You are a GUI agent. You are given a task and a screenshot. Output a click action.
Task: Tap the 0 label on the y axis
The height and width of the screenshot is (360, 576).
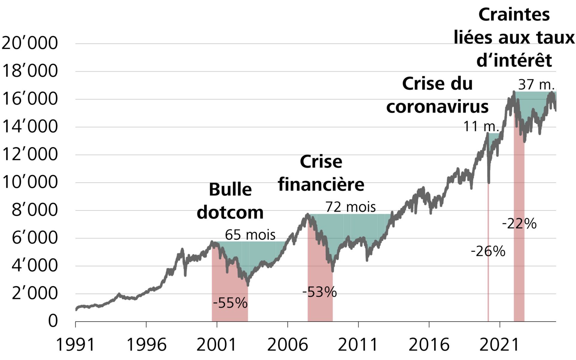point(53,321)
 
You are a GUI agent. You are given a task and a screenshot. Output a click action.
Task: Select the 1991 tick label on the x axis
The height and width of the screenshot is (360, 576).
point(75,344)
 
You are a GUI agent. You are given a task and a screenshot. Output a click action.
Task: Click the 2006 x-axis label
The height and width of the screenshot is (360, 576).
point(287,344)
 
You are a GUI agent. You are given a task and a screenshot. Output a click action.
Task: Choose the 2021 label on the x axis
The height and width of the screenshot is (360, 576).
point(499,344)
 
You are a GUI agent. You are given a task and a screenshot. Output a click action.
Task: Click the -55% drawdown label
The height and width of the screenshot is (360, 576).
point(230,303)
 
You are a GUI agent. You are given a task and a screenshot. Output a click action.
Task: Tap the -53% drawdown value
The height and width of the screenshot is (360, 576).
point(319,292)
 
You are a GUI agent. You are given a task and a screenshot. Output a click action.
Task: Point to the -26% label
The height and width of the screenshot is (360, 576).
point(488,251)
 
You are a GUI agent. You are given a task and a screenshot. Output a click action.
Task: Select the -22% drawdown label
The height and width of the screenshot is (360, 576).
point(519,223)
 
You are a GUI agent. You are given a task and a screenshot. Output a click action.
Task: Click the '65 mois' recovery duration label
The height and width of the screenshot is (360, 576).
point(250,235)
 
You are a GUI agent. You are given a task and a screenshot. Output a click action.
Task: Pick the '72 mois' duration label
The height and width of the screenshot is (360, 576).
point(350,207)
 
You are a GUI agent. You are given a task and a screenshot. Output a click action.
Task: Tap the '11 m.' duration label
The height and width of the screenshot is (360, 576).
point(481,126)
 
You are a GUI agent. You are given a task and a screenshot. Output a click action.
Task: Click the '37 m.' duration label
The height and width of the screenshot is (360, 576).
point(536,85)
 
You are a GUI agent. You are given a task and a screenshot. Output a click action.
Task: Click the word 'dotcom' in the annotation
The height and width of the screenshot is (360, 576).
point(230,212)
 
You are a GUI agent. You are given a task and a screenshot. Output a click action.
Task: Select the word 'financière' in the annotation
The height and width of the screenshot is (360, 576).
point(321,184)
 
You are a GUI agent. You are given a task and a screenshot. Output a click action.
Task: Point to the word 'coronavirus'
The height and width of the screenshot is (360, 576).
point(437,106)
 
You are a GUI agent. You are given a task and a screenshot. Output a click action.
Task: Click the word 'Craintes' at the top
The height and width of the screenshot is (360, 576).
point(514,14)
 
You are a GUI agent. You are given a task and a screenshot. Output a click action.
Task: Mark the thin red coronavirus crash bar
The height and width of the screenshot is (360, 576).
point(488,255)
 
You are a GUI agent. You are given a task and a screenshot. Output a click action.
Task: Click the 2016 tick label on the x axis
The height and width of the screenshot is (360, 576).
point(429,344)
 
